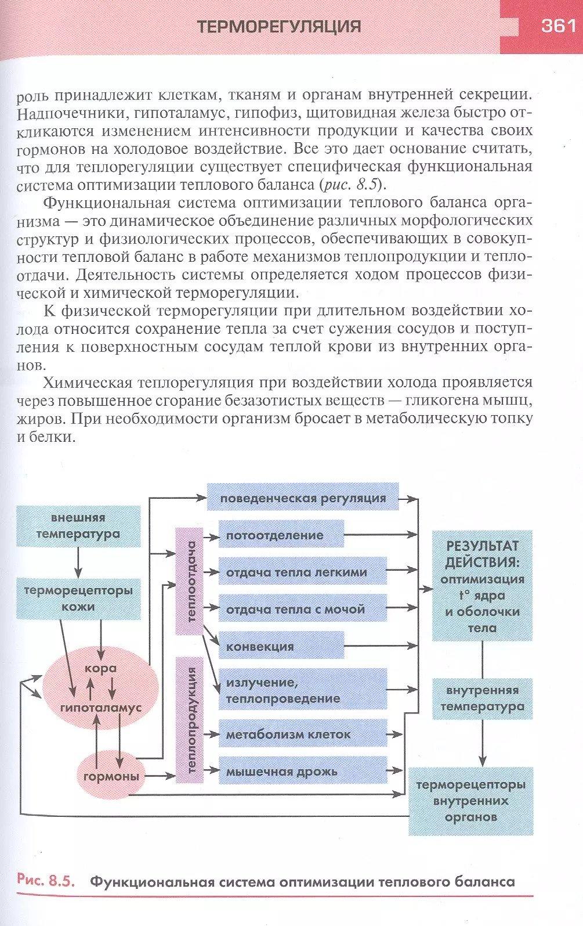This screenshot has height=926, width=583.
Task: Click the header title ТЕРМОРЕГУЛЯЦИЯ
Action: coord(279,27)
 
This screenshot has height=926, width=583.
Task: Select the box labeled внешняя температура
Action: coord(78,526)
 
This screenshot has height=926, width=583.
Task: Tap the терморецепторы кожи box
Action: coord(78,599)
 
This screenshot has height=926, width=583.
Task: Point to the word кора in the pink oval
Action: coord(100,668)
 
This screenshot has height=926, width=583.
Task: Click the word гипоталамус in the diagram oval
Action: coord(101,708)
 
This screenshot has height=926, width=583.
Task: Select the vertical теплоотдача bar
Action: coord(190,581)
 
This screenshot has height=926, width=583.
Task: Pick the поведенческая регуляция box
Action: coord(303,498)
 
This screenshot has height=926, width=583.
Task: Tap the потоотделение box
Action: coord(281,535)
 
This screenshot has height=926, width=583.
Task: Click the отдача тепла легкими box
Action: coord(302,572)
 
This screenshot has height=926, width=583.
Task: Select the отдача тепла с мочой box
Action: coord(302,609)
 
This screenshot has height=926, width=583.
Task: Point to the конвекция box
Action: coord(281,646)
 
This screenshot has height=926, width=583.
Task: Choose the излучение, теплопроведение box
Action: coord(302,690)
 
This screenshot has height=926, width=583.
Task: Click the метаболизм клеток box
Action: coord(302,734)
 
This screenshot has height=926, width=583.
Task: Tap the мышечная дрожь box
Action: coord(302,771)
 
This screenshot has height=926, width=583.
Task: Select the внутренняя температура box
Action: coord(482,698)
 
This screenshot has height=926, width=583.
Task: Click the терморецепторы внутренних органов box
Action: coord(470,801)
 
